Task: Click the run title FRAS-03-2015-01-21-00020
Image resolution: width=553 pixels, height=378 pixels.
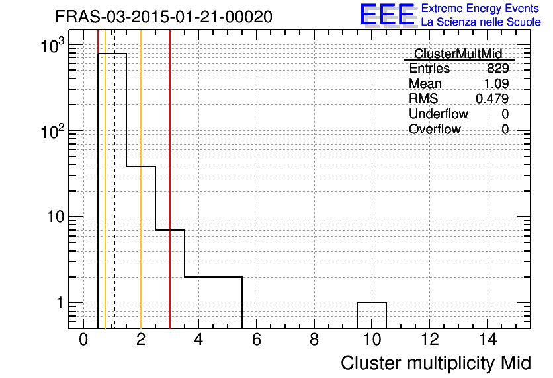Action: [163, 17]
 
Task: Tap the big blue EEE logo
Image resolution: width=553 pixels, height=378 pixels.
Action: [388, 15]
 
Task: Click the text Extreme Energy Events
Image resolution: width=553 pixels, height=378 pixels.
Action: [480, 8]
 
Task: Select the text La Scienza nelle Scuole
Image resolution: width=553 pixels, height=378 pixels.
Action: [481, 22]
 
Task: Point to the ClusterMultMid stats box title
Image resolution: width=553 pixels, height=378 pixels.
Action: [458, 54]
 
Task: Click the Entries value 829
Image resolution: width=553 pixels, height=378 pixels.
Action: [498, 68]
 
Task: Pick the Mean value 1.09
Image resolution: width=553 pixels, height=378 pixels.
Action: [496, 83]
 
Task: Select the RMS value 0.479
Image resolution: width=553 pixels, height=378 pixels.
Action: [492, 98]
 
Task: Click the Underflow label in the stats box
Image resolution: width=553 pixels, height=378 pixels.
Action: [439, 114]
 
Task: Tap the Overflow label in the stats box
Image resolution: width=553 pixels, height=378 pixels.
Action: [435, 129]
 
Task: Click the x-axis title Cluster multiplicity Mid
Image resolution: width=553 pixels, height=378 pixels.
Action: [436, 363]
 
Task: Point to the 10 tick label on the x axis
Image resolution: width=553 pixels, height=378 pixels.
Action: [372, 340]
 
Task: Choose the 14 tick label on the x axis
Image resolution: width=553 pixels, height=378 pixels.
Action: [488, 340]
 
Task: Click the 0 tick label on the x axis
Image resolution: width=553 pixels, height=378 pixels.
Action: [83, 340]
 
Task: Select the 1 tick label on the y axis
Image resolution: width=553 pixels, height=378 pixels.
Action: [60, 303]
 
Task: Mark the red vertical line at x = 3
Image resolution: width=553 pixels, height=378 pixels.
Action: [170, 179]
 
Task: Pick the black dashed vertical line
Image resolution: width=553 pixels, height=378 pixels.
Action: [114, 179]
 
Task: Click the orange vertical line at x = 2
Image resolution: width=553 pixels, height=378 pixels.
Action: [141, 179]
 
